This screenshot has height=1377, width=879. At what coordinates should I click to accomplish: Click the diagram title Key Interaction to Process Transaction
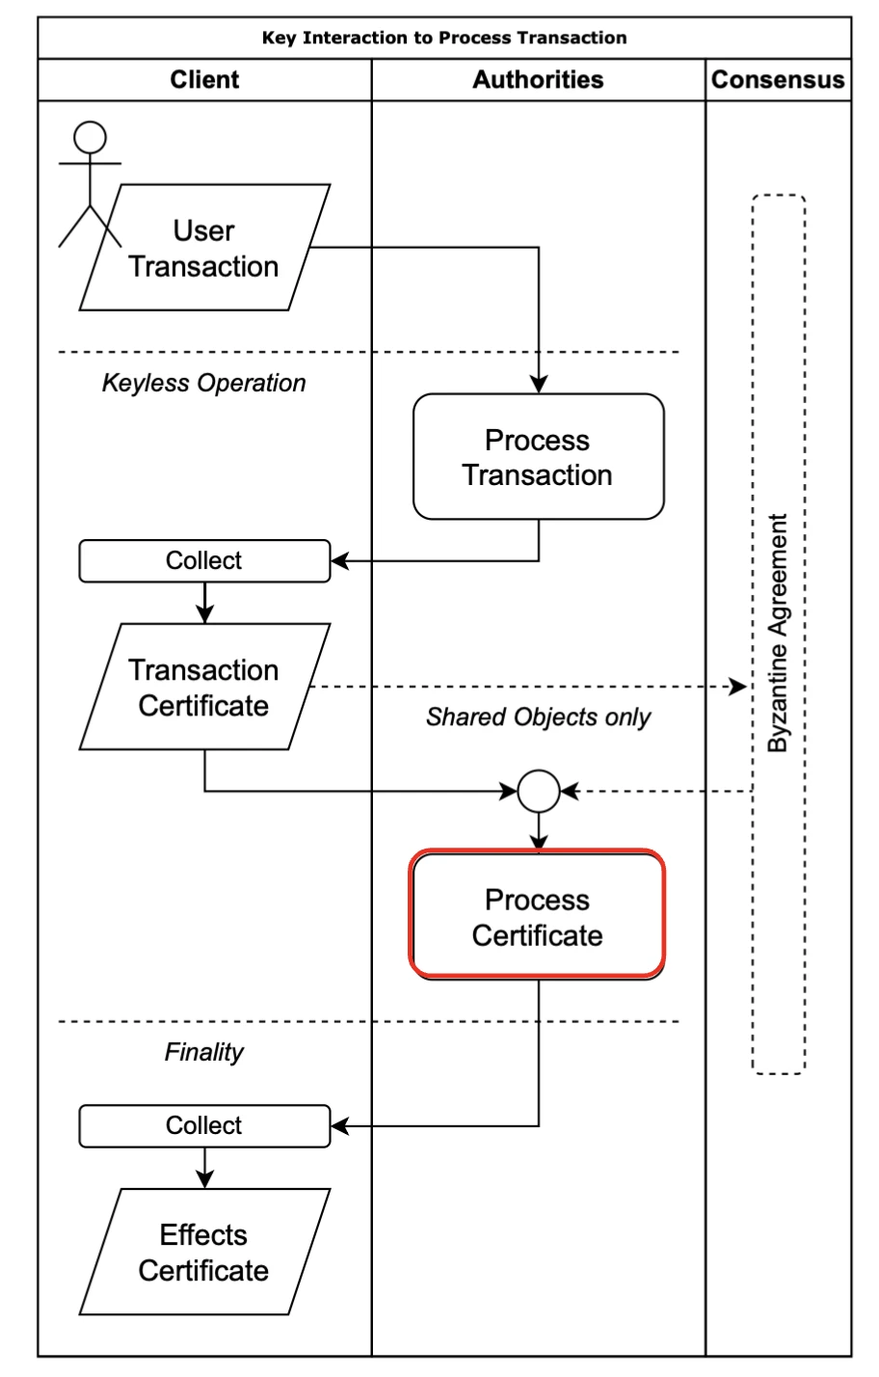coord(444,39)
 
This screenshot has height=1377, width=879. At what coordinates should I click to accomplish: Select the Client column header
coord(204,80)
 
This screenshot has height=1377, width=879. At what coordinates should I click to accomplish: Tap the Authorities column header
coord(538,80)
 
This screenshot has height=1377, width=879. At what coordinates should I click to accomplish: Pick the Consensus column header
coord(778,80)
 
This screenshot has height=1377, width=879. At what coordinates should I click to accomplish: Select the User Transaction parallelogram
coord(204,248)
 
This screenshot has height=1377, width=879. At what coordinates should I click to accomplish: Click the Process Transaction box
coord(538,457)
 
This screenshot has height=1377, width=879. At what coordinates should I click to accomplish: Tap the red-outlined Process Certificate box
coord(538,917)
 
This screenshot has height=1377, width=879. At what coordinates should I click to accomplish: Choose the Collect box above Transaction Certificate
coord(204,561)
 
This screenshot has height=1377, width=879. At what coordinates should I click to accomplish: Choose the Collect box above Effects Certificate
coord(204,1125)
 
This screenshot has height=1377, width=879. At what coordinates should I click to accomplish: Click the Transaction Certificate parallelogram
coord(204,688)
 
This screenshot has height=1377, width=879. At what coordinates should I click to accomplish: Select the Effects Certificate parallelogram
coord(204,1252)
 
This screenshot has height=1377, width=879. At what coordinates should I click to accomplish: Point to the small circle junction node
coord(538,792)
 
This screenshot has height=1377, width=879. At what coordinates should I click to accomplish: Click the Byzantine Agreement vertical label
coord(778,634)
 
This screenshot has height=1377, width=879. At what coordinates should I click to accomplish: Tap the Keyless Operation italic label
coord(204,383)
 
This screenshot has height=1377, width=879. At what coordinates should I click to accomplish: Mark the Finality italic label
coord(204,1052)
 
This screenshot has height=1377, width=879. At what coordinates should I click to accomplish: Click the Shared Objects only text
coord(538,717)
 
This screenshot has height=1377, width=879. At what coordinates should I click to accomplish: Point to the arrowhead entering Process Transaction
coord(538,385)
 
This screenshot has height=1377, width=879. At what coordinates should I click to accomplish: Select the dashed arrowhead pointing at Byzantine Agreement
coord(738,688)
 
